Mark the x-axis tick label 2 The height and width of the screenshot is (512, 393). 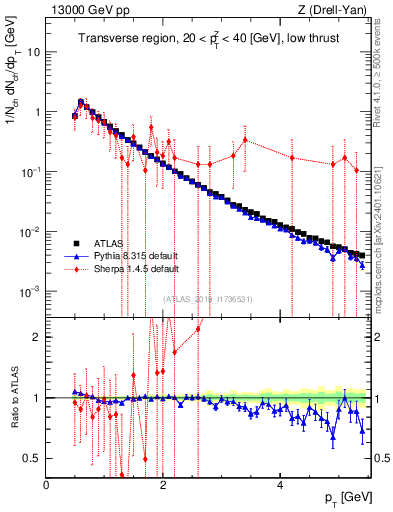(x=163, y=485)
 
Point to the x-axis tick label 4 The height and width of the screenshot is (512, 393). (x=280, y=485)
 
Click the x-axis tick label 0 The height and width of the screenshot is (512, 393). (x=47, y=485)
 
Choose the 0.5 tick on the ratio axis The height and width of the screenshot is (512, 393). (x=32, y=458)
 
